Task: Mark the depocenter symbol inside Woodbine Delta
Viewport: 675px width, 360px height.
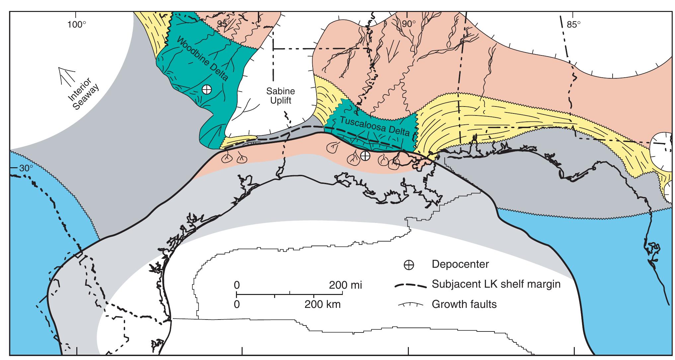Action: click(x=206, y=89)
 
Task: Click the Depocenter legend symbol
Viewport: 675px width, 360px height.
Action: click(x=409, y=265)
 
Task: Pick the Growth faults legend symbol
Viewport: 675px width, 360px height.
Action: click(x=411, y=304)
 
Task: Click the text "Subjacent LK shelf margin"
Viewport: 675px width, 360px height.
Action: click(x=496, y=284)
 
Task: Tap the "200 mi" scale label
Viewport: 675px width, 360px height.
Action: click(x=345, y=285)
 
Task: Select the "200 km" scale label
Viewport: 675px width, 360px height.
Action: click(x=323, y=305)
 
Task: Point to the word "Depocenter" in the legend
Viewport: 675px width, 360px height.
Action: click(x=460, y=264)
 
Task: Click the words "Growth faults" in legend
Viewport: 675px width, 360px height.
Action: click(x=464, y=304)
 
